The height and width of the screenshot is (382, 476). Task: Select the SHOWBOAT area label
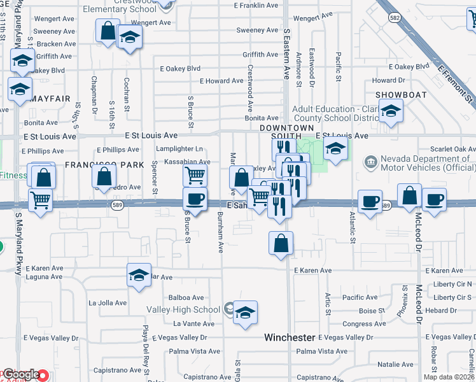pyautogui.click(x=396, y=94)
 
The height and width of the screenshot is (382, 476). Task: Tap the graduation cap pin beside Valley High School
pyautogui.click(x=245, y=313)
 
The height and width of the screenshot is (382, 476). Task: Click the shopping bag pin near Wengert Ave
pyautogui.click(x=108, y=29)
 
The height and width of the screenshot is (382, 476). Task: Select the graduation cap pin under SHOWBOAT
pyautogui.click(x=390, y=111)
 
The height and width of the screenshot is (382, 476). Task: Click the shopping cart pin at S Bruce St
pyautogui.click(x=195, y=174)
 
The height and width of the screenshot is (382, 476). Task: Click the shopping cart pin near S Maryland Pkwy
pyautogui.click(x=41, y=201)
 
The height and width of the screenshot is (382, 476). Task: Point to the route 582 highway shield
pyautogui.click(x=395, y=18)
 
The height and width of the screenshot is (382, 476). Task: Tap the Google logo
pyautogui.click(x=20, y=375)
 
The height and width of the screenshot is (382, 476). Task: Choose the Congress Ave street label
pyautogui.click(x=364, y=324)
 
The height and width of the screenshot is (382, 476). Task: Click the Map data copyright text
pyautogui.click(x=449, y=377)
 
